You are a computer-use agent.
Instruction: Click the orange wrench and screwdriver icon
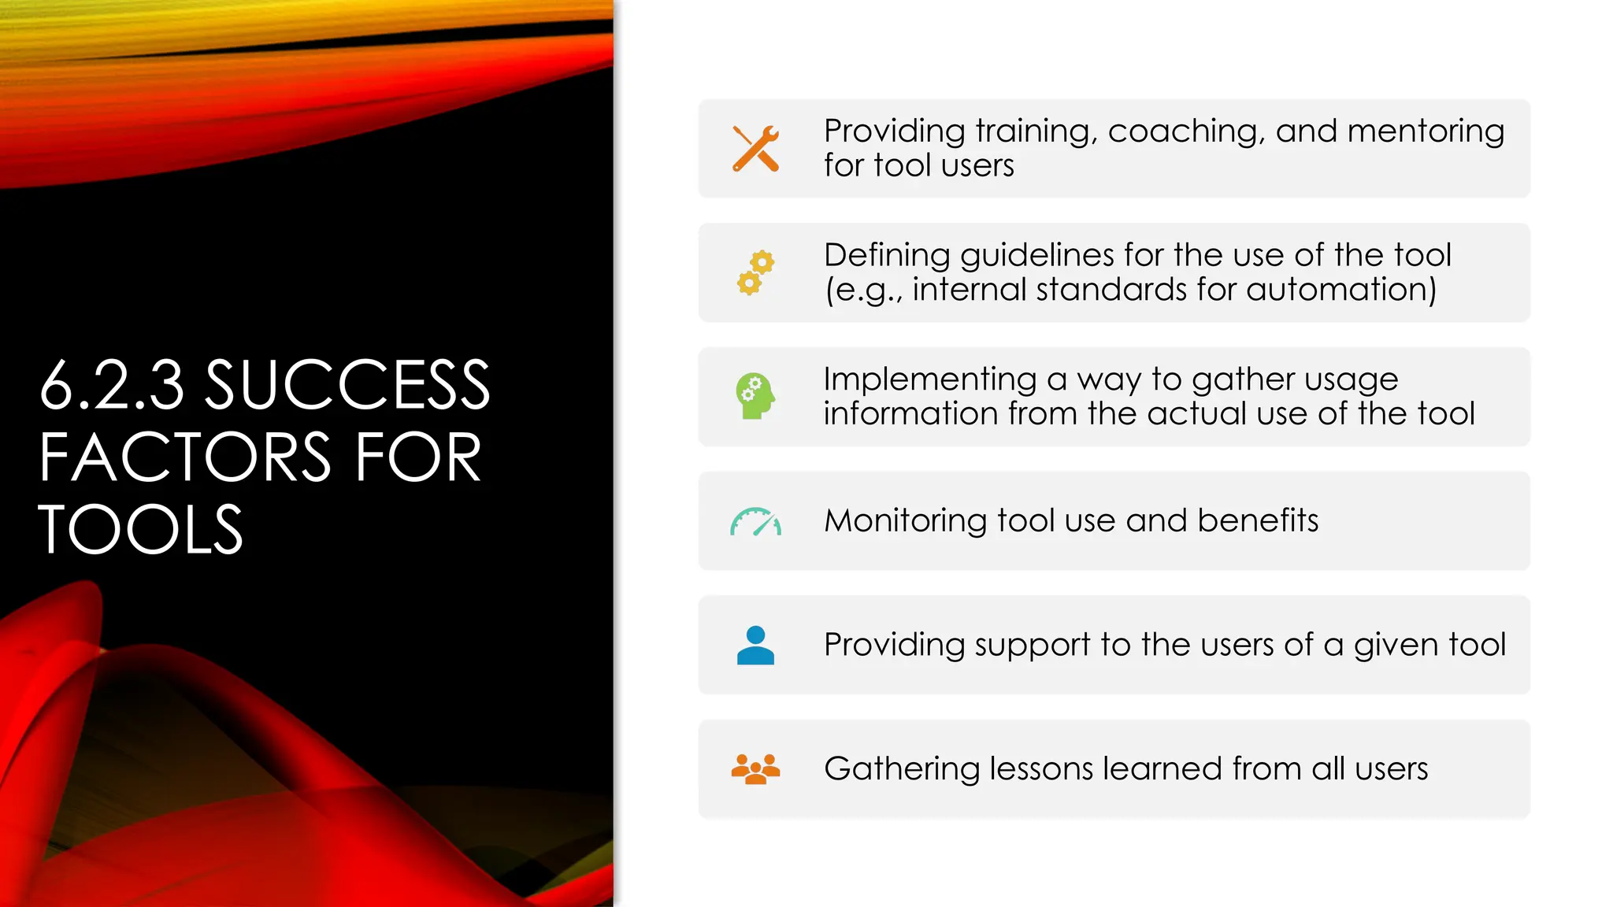755,148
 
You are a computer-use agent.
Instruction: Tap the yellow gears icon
755,272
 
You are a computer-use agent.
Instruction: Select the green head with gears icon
755,396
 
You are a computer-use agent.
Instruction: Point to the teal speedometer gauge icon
755,522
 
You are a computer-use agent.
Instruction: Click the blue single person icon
755,645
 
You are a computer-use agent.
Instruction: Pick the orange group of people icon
755,769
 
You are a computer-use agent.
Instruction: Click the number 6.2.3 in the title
111,385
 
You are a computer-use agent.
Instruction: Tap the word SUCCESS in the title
347,385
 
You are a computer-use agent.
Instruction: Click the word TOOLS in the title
140,530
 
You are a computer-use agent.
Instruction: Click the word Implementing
929,379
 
